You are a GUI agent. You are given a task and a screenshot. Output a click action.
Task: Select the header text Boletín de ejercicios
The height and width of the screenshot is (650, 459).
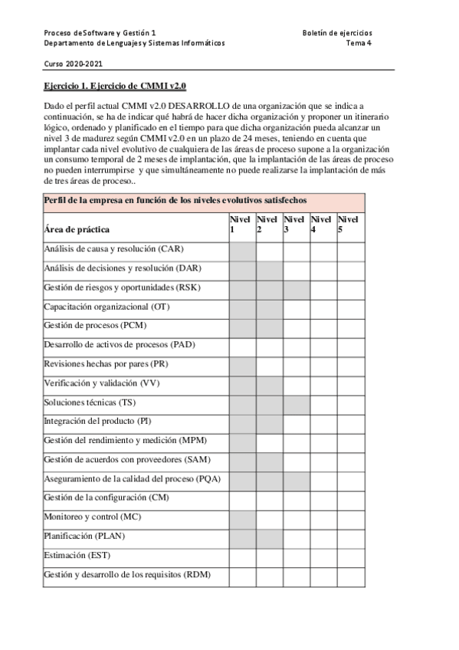337,33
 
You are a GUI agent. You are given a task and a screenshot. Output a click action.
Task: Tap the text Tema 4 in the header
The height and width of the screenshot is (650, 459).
359,44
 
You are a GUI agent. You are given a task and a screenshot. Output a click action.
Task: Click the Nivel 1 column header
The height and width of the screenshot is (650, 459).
241,225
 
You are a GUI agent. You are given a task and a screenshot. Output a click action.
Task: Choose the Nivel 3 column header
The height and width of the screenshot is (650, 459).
296,225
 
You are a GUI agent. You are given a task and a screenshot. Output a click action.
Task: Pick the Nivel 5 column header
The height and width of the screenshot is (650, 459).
350,225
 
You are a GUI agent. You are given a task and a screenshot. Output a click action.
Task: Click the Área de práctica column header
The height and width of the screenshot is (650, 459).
77,229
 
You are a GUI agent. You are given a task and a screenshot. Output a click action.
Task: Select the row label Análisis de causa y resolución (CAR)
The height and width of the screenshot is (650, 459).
114,249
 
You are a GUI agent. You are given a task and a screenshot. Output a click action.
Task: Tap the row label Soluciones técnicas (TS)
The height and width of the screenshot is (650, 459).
90,402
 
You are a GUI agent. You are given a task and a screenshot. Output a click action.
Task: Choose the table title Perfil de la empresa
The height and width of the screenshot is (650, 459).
175,199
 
